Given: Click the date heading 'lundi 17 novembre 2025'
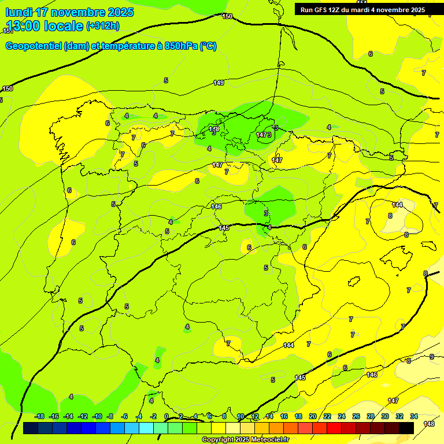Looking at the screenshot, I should pos(69,12).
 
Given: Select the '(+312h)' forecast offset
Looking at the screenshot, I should pos(102,26).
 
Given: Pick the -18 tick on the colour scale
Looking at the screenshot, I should pos(40,416).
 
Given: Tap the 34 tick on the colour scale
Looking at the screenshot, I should pos(414,416).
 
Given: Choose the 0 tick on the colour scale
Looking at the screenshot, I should pos(166,416).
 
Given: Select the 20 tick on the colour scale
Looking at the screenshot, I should pos(313,416).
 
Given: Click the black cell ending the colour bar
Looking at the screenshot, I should pos(406,428).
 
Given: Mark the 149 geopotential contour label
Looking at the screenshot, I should pos(219,83).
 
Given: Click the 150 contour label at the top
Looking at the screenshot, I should pos(227,17).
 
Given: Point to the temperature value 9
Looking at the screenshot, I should pos(432,357).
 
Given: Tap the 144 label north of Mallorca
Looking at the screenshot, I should pos(397,205).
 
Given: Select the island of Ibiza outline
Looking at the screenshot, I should pos(354,282).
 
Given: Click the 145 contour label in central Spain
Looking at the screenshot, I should pos(224,228).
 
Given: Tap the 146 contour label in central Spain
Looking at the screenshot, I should pos(216,206).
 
